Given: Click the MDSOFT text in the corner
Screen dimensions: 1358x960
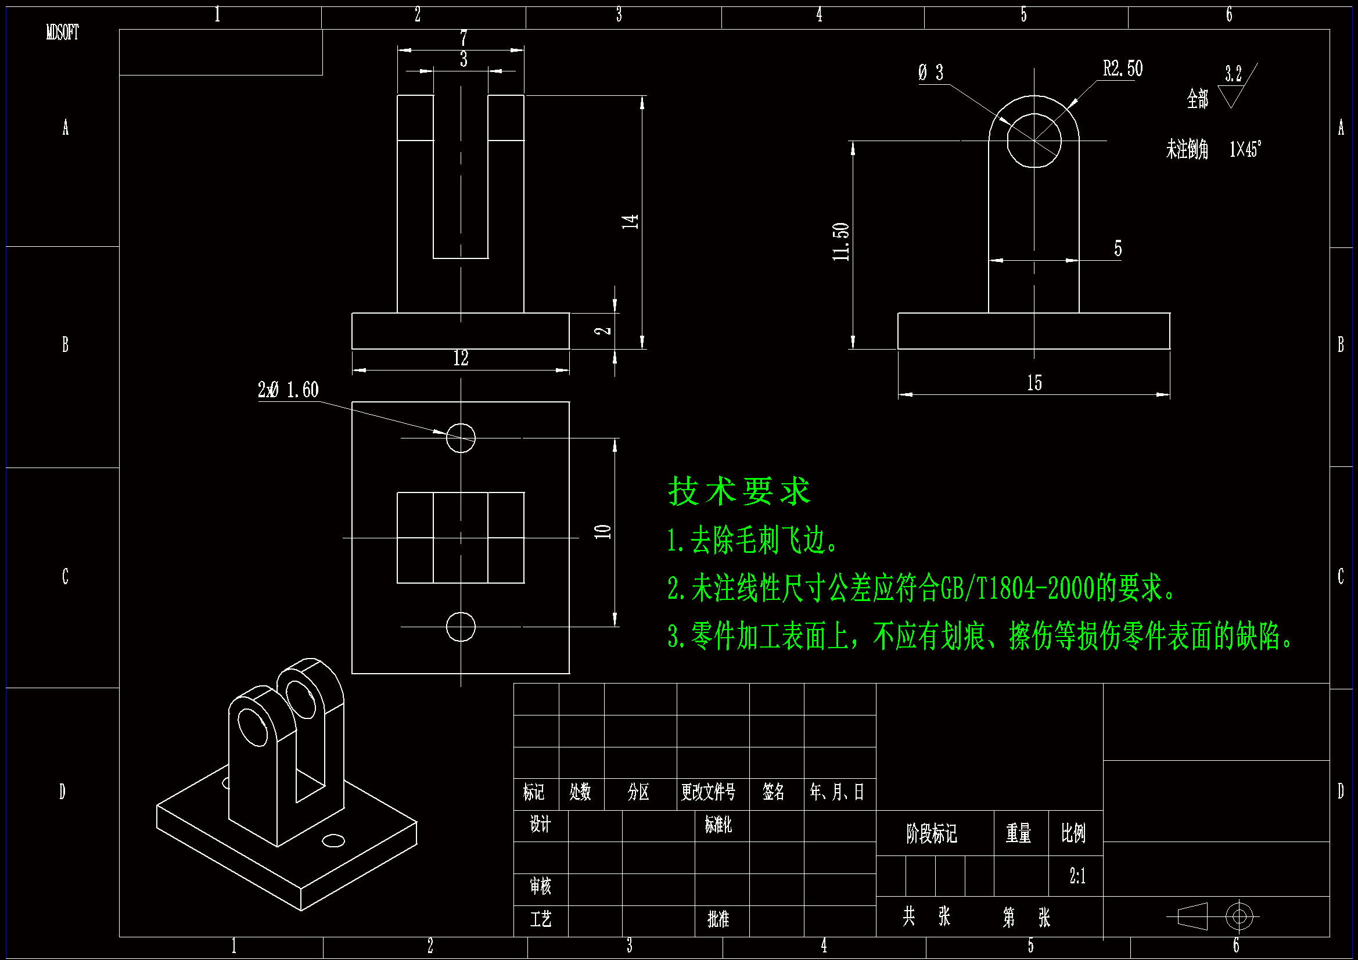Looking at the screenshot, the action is [62, 33].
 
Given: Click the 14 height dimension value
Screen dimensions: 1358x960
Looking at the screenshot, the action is [630, 222].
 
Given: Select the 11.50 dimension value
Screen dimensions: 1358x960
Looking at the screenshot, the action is [840, 242].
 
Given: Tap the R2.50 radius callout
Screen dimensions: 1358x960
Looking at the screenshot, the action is [1122, 69].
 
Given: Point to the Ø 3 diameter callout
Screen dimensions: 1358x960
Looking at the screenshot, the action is [931, 73].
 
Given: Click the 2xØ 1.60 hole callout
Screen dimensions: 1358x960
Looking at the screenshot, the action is [288, 390].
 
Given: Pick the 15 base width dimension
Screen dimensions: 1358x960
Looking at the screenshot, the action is [1034, 383].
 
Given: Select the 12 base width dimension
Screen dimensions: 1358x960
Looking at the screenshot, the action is [461, 358].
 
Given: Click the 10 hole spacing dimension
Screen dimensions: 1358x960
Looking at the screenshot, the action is [603, 531].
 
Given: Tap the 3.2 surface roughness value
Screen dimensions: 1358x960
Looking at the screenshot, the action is [1233, 74].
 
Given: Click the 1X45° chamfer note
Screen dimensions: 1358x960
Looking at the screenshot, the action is [1245, 149].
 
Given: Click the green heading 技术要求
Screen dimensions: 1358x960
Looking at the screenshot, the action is [739, 491].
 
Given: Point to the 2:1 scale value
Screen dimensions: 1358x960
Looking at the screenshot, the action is [1077, 876].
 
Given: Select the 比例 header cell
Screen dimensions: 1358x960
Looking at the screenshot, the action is [1073, 833].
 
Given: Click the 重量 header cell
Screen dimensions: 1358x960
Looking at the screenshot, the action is [1019, 833].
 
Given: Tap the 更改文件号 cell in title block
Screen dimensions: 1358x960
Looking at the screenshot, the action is [708, 792].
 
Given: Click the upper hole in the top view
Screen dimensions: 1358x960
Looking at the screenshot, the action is [460, 438].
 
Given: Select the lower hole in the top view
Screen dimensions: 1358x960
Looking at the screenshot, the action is [460, 627].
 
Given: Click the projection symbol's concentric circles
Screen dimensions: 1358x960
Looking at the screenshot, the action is [1239, 917].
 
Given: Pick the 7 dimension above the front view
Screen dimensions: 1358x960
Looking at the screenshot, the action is [464, 38].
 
